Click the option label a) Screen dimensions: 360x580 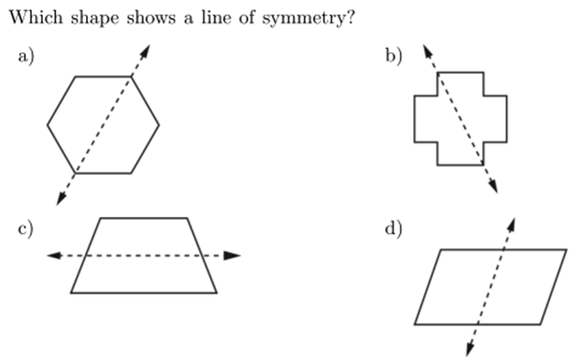(x=28, y=57)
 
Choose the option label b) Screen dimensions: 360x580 (x=394, y=57)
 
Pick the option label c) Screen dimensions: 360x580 (x=26, y=229)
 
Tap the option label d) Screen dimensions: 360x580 (x=394, y=229)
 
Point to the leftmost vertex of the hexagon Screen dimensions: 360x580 (x=47, y=125)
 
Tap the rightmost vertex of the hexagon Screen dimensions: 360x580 (x=159, y=125)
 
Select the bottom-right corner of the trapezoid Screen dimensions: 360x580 (x=217, y=293)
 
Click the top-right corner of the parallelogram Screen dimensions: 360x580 (x=566, y=249)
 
